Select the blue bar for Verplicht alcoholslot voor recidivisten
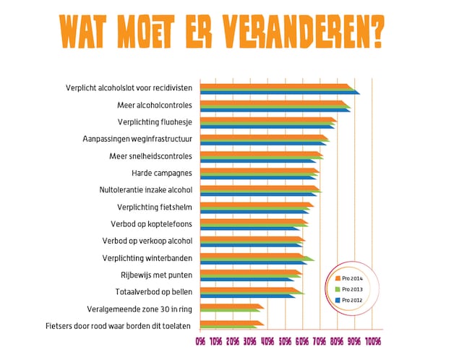pyautogui.click(x=280, y=93)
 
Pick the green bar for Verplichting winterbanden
pyautogui.click(x=257, y=258)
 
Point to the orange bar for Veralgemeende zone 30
pyautogui.click(x=232, y=307)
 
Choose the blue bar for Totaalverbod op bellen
pyautogui.click(x=248, y=296)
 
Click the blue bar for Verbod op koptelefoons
pyautogui.click(x=250, y=228)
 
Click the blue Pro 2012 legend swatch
pyautogui.click(x=338, y=300)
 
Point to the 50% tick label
pyautogui.click(x=285, y=342)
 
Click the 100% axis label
pyautogui.click(x=373, y=342)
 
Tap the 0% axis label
pyautogui.click(x=200, y=342)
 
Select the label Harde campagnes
pyautogui.click(x=162, y=173)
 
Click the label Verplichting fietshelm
pyautogui.click(x=155, y=207)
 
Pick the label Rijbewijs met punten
pyautogui.click(x=157, y=275)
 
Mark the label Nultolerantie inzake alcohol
pyautogui.click(x=145, y=190)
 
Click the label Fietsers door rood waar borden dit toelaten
pyautogui.click(x=118, y=326)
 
